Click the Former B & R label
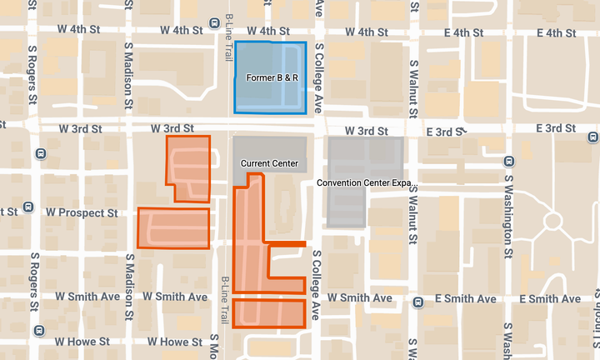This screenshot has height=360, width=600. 272,77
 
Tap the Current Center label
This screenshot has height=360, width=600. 269,162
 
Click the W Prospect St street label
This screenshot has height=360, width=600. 82,213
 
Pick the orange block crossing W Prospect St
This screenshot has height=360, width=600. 173,227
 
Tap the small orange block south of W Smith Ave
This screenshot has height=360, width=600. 268,313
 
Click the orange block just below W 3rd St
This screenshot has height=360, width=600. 187,167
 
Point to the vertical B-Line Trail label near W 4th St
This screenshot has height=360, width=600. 228,37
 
